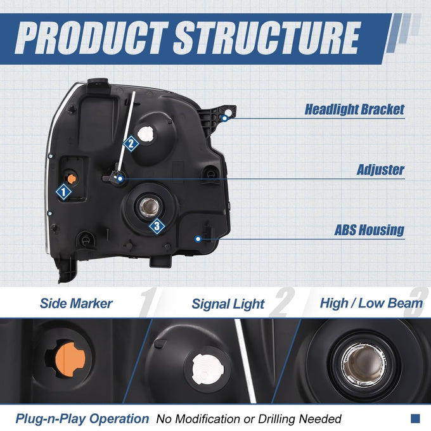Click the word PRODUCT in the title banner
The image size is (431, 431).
click(91, 37)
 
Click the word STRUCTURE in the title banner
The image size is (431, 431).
click(267, 37)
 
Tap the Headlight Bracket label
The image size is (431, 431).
click(354, 110)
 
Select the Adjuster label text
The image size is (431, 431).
click(380, 170)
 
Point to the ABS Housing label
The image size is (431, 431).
click(369, 230)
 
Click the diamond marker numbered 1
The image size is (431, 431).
click(64, 192)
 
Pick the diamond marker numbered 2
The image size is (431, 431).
click(131, 143)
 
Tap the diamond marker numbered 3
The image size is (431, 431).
click(157, 226)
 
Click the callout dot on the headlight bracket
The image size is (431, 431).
click(225, 119)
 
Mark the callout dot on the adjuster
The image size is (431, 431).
click(120, 179)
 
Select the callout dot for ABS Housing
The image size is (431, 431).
click(198, 239)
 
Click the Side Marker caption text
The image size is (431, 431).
click(76, 304)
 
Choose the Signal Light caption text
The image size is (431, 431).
click(228, 304)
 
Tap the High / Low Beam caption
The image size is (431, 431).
click(371, 303)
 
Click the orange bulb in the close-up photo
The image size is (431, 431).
click(72, 359)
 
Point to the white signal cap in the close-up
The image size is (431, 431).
click(208, 369)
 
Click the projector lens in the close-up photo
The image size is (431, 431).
click(363, 363)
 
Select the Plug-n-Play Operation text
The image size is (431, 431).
click(82, 418)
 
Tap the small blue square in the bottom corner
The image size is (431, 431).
click(415, 418)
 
